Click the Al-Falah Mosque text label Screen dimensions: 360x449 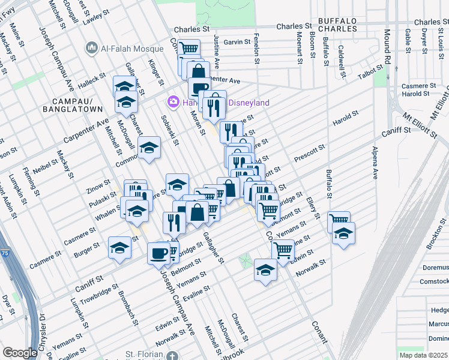point(132,49)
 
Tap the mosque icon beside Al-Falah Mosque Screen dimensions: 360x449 point(92,47)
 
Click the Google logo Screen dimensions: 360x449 point(20,353)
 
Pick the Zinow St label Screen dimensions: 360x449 point(99,184)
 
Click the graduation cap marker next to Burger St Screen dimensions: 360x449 point(119,247)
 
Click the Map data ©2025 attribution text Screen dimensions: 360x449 point(424,355)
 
